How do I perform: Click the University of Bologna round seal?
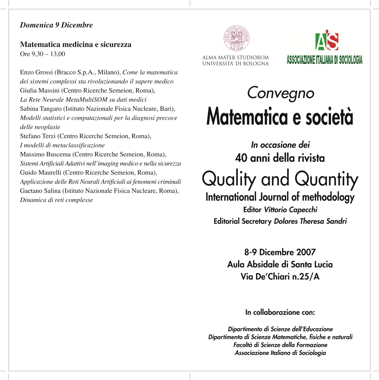click(x=236, y=38)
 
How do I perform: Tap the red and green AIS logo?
click(x=327, y=40)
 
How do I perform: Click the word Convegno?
click(x=280, y=93)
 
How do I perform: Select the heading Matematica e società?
click(x=280, y=117)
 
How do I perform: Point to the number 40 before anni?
click(x=241, y=158)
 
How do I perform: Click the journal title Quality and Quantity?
click(x=280, y=179)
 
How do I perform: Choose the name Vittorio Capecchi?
click(x=291, y=210)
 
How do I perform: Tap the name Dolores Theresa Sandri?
click(x=310, y=221)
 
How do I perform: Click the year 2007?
click(x=306, y=252)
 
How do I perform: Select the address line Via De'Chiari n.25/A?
click(x=280, y=277)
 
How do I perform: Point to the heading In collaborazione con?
click(x=280, y=312)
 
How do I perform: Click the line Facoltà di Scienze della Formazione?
click(x=280, y=345)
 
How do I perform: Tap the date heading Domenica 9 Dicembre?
click(x=56, y=25)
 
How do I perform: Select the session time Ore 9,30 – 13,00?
click(x=43, y=54)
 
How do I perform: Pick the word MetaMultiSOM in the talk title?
click(x=87, y=100)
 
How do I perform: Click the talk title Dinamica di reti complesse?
click(x=56, y=200)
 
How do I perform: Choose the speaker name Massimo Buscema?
click(x=45, y=154)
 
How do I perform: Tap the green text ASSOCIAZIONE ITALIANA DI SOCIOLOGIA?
click(x=324, y=60)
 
